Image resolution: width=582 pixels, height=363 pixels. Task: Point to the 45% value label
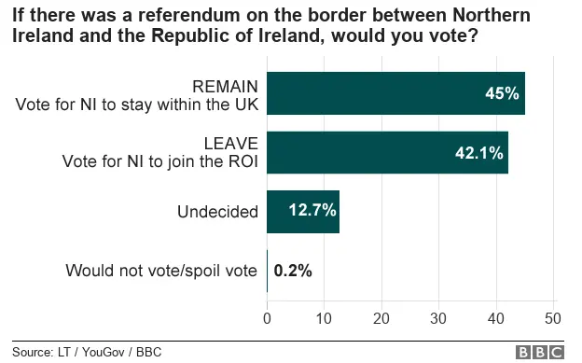502,93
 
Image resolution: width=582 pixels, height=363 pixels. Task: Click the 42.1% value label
478,152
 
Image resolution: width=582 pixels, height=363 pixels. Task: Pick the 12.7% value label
311,212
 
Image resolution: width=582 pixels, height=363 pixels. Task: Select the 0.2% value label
293,271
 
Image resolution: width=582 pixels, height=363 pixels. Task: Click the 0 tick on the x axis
268,317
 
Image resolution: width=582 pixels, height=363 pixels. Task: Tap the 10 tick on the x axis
324,317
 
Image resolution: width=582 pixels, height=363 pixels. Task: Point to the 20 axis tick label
381,317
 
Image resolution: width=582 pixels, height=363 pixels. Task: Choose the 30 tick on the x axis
438,317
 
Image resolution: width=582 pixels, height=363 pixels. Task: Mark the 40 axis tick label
495,317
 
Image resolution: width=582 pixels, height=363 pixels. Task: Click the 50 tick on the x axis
553,317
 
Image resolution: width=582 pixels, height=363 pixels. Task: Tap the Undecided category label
217,212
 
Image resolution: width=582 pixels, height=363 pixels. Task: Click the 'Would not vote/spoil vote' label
160,271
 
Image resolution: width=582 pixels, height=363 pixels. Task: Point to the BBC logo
540,352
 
